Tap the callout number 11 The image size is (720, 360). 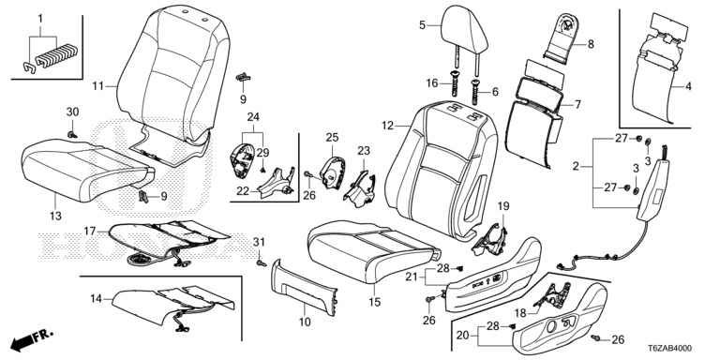click(98, 86)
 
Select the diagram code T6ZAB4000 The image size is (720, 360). click(670, 349)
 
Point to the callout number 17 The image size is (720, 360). click(91, 231)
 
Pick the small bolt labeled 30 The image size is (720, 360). click(71, 134)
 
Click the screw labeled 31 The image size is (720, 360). click(262, 263)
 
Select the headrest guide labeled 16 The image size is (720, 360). click(455, 83)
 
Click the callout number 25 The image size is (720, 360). click(332, 137)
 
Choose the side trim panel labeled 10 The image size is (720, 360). click(305, 287)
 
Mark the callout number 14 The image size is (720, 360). click(96, 299)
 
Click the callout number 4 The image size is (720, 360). click(688, 86)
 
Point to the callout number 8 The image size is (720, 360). click(591, 45)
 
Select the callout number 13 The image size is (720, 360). click(55, 216)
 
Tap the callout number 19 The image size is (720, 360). click(503, 206)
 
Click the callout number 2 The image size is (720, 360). click(576, 166)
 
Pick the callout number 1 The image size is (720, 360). click(40, 19)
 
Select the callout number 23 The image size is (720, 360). click(364, 151)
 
